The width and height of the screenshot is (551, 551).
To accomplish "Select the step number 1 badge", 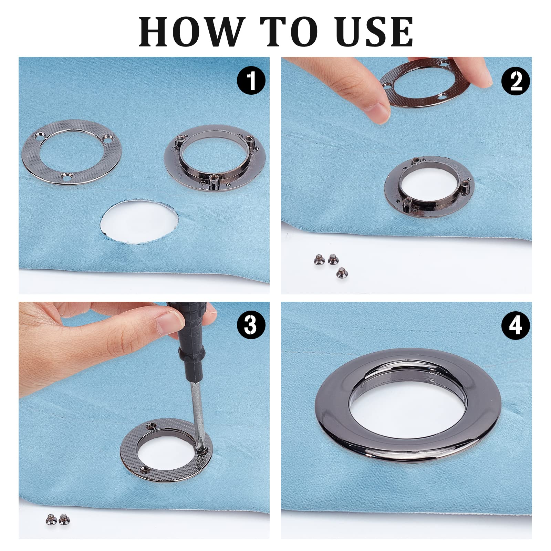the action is click(x=251, y=80).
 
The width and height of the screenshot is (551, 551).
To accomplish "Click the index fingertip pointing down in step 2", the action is click(x=379, y=108).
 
